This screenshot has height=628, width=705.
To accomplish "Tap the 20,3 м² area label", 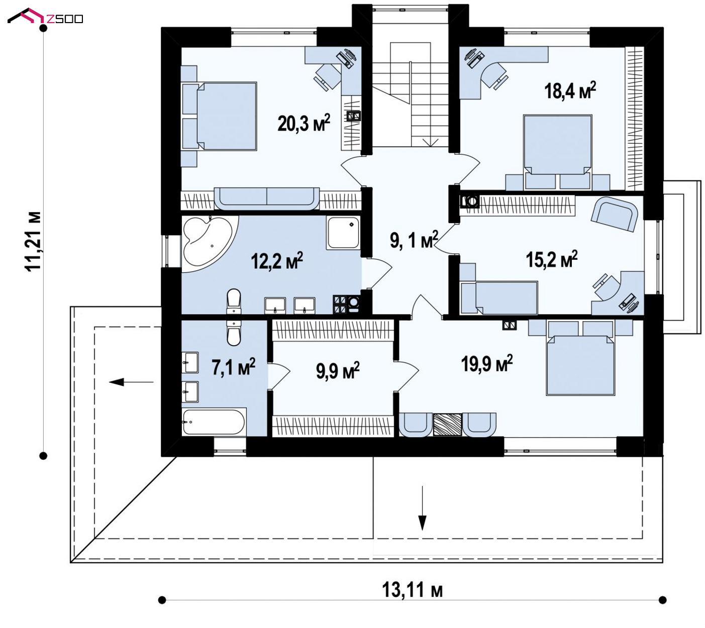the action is pos(304,123).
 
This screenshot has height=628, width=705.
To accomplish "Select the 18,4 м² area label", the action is pos(570,90).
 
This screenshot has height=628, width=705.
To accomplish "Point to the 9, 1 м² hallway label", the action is pos(414,240).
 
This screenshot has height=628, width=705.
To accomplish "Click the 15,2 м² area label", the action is pos(552,260).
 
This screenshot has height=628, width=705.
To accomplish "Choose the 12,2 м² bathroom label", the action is pos(277,261).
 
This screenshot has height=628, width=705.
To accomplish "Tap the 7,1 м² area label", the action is pos(234,367).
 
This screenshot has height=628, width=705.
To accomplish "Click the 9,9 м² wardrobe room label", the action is pos(338,370).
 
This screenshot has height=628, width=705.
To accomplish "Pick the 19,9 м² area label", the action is pos(486,364).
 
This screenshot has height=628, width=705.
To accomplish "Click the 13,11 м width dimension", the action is pos(412,590).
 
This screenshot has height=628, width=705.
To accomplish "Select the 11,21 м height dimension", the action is pos(33,242).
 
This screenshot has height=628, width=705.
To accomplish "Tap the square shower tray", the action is pos(343,233).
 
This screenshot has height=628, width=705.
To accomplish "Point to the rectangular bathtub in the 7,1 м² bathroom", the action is pos(214,422).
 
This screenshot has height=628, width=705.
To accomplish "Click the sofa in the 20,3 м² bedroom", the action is pos(266,198).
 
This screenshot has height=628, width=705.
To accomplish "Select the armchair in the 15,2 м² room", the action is pos(614,214).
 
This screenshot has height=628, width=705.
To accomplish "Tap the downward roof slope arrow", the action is pos(422,508).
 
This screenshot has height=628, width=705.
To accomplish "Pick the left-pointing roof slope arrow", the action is pos(131,382).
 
